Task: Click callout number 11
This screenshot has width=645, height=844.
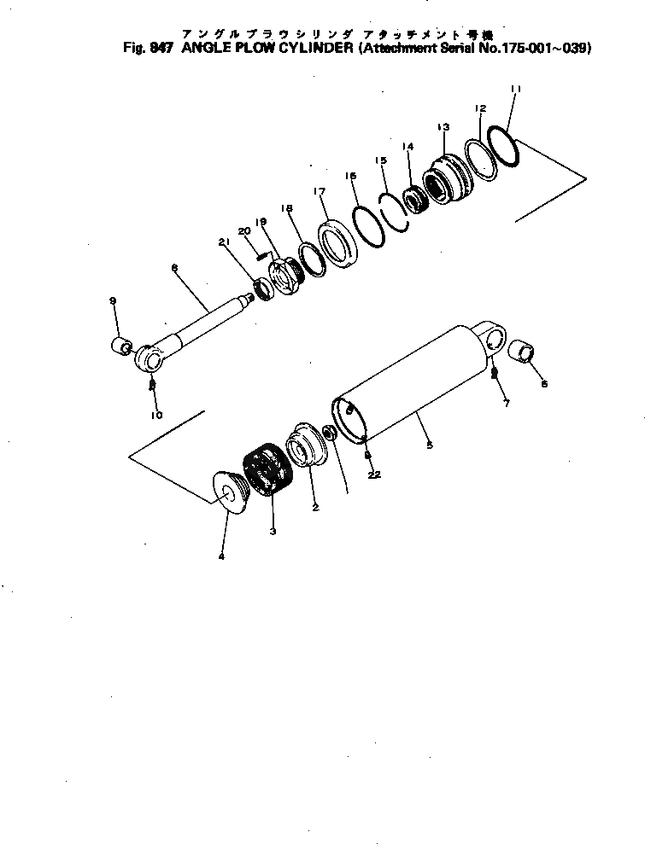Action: coord(515,89)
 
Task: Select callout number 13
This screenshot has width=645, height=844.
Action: coord(443,126)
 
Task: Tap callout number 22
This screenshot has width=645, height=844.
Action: coord(373,474)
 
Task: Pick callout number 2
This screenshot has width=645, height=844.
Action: coord(315,507)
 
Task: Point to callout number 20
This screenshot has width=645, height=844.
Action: coord(243,231)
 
